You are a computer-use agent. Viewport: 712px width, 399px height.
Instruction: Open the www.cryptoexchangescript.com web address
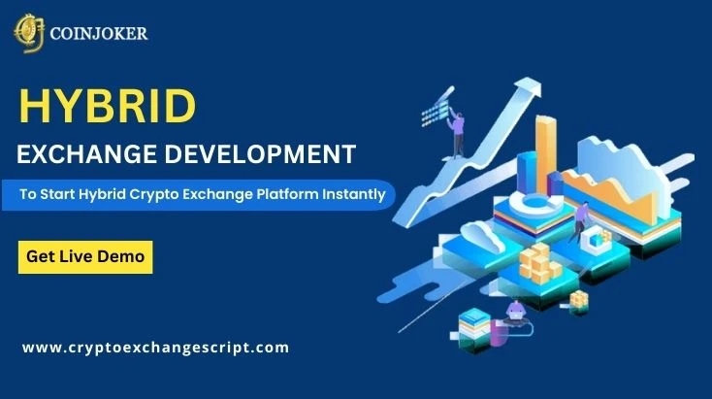coord(155,347)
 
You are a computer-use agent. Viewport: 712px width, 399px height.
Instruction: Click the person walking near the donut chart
coord(581,218)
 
